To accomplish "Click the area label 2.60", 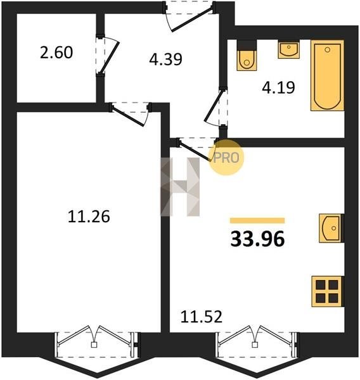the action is point(56,53).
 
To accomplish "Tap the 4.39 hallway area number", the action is point(165,60).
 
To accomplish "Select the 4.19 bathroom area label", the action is point(278,87).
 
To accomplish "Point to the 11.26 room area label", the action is point(89,217).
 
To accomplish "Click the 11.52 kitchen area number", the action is point(202,317).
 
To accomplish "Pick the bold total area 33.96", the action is point(257,239).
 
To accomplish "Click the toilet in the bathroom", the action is point(247,55).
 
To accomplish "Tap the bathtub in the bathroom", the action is point(327,75).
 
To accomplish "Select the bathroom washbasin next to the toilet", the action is point(288,49).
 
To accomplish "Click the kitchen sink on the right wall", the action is point(331,228).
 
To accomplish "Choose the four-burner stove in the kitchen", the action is point(327,291).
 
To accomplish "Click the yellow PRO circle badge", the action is point(226,158).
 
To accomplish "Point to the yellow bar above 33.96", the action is point(257,220).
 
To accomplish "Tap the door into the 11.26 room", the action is point(131,114).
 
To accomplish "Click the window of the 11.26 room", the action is point(97,342).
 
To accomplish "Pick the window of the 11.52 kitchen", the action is point(257,342).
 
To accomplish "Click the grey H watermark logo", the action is point(180,187).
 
